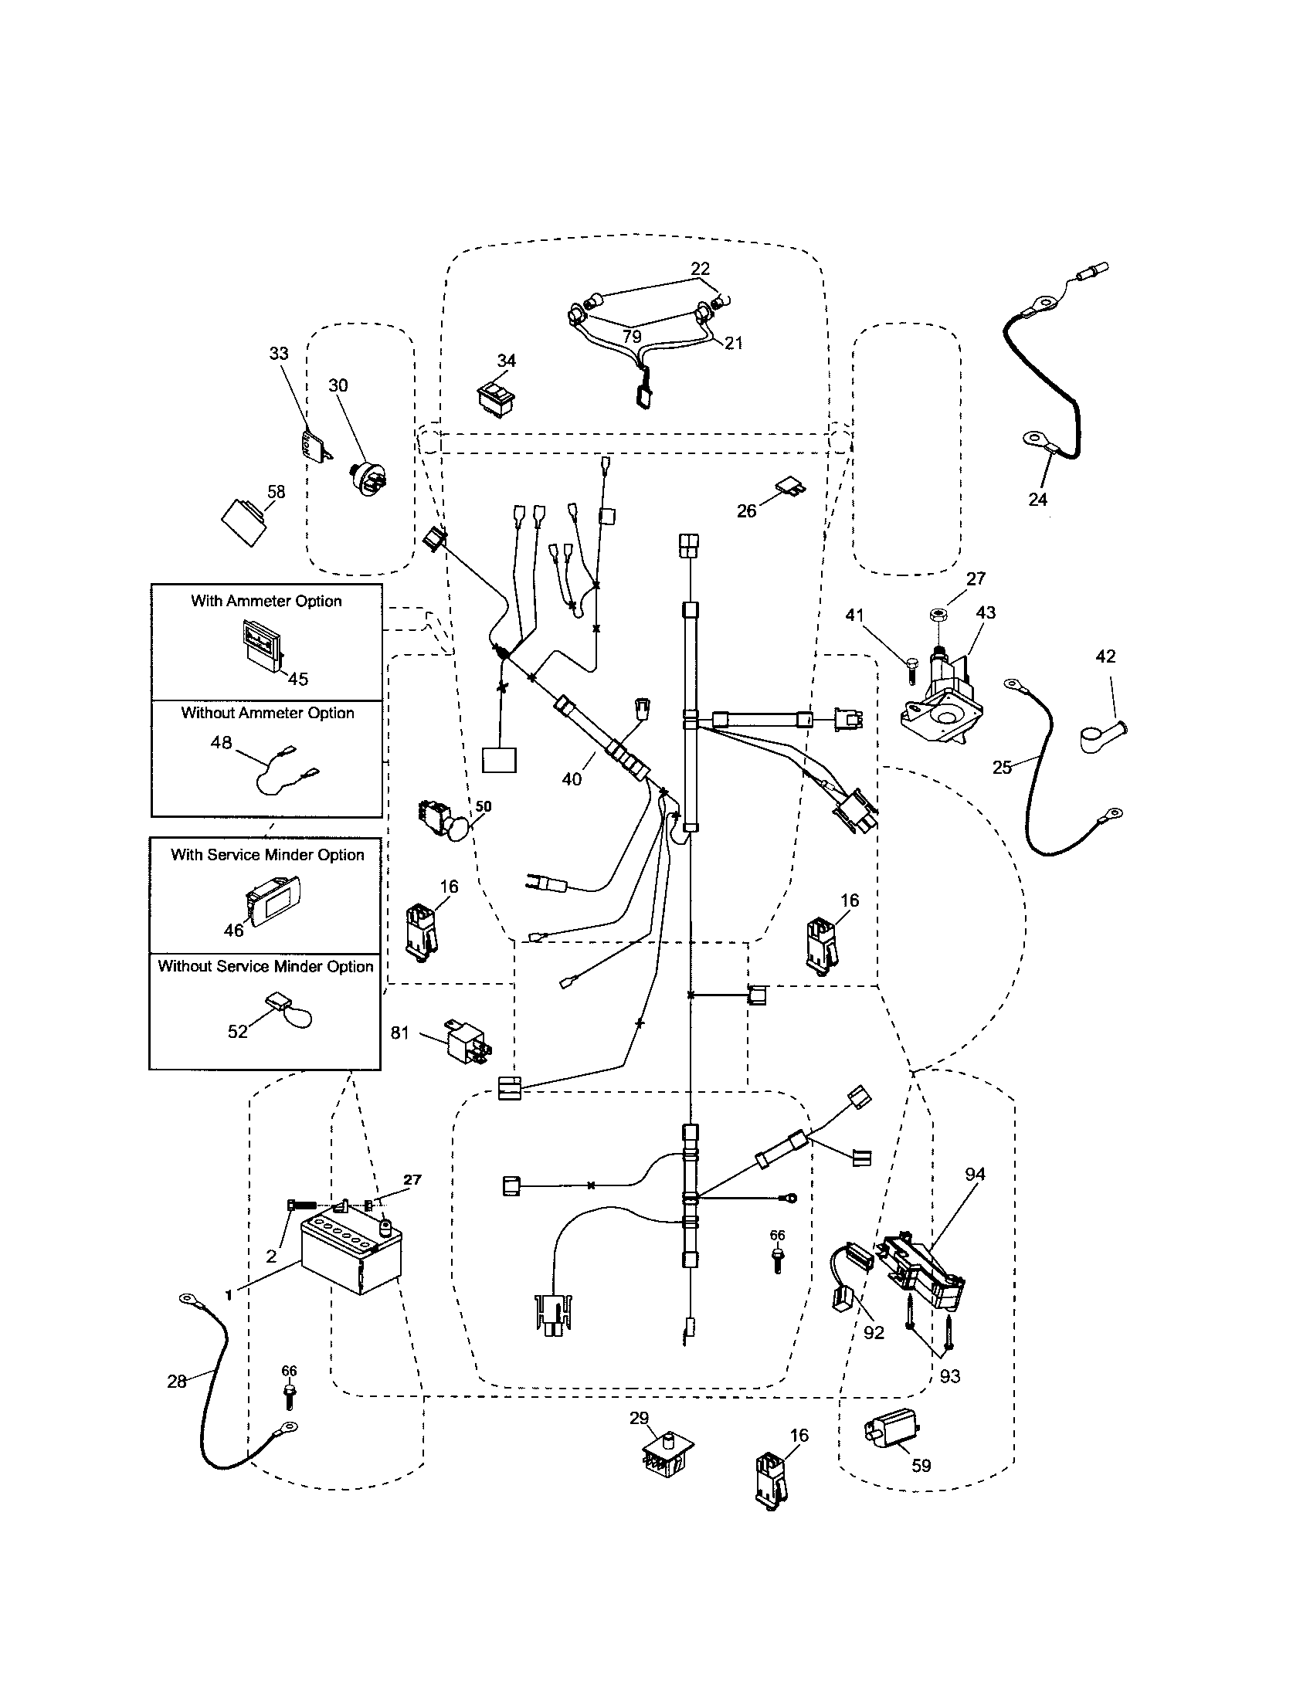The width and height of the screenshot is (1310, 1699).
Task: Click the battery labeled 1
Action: click(350, 1254)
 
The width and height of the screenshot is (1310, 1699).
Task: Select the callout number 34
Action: click(507, 360)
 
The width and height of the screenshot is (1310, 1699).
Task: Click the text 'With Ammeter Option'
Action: click(266, 601)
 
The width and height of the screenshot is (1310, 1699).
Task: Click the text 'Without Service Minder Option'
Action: click(265, 966)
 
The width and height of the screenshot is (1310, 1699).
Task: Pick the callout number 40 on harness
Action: click(572, 778)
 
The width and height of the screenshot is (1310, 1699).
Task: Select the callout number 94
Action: click(975, 1174)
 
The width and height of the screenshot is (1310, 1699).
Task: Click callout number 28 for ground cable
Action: click(177, 1381)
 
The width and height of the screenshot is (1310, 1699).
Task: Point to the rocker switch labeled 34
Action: click(496, 398)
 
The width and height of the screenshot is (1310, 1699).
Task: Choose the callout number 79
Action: click(632, 336)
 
